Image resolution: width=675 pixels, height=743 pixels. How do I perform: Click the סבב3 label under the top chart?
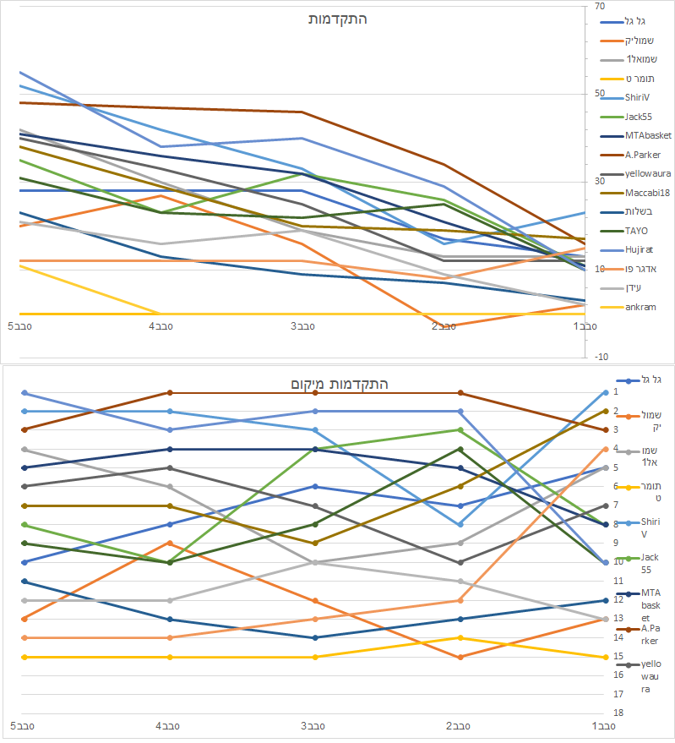303,325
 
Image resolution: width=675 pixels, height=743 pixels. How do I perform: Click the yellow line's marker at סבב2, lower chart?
460,638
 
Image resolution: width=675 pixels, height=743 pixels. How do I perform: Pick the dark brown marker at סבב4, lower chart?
171,393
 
